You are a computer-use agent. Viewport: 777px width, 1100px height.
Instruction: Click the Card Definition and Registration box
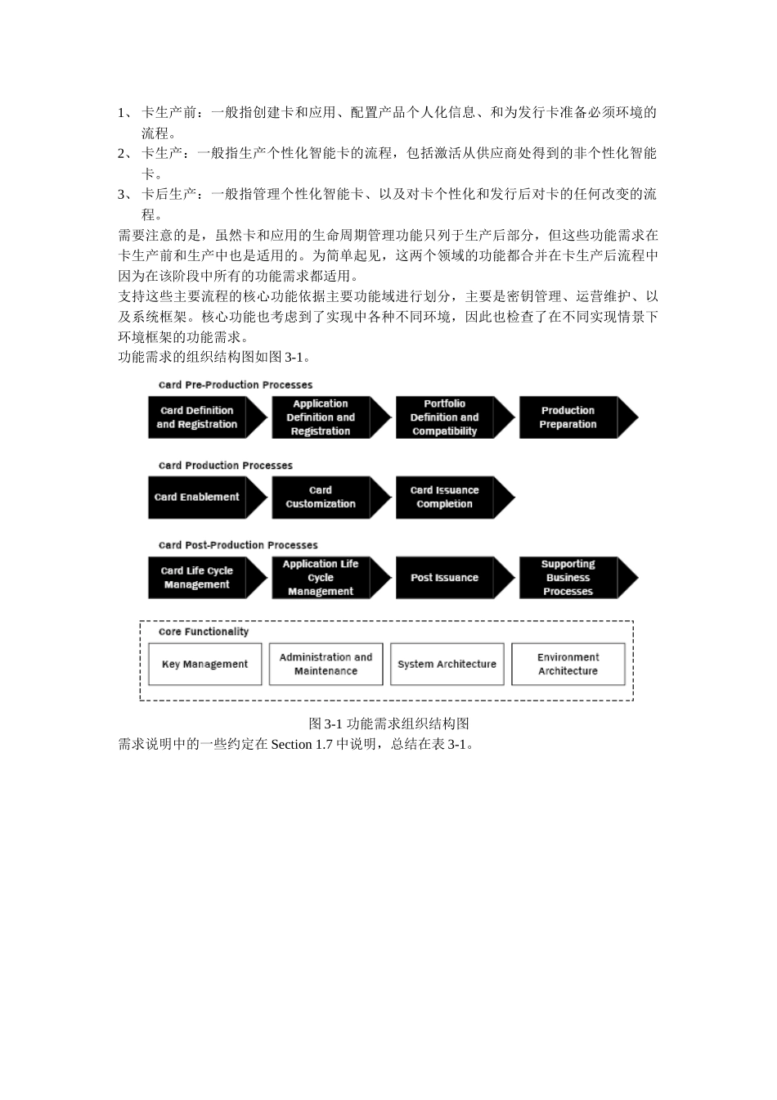pos(197,417)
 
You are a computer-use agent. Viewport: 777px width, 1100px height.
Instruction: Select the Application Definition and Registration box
pos(321,417)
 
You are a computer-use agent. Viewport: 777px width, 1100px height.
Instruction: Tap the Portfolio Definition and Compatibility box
pos(445,417)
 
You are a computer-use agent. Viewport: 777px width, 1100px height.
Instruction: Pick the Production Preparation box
pos(568,417)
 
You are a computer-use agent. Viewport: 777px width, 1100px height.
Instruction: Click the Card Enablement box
pos(197,498)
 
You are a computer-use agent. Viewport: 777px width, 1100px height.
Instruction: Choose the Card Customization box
pos(321,498)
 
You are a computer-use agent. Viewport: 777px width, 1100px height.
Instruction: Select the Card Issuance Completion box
pos(445,498)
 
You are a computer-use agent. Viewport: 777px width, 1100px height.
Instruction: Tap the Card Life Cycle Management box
pos(197,578)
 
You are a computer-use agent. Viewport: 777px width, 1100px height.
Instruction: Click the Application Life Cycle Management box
pos(321,578)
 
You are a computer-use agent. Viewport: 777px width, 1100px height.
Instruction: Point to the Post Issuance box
pos(445,578)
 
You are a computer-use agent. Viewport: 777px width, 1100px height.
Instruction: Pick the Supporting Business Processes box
pos(568,578)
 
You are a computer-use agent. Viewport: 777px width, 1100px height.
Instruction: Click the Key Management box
pos(204,664)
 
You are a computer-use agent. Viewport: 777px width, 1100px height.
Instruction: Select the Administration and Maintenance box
pos(326,664)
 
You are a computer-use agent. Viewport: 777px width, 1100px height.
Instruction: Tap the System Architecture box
pos(447,664)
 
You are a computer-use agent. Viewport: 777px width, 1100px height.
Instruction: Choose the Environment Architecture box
pos(568,664)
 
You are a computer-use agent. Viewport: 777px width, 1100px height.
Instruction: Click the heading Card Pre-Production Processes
pos(236,385)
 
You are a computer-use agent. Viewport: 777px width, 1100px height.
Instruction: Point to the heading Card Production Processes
pos(226,466)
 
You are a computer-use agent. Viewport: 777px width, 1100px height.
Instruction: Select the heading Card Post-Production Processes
pos(238,545)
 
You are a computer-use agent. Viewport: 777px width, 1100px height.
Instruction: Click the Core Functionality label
pos(204,632)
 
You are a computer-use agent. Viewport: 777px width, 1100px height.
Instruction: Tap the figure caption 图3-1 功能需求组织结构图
pos(388,724)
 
